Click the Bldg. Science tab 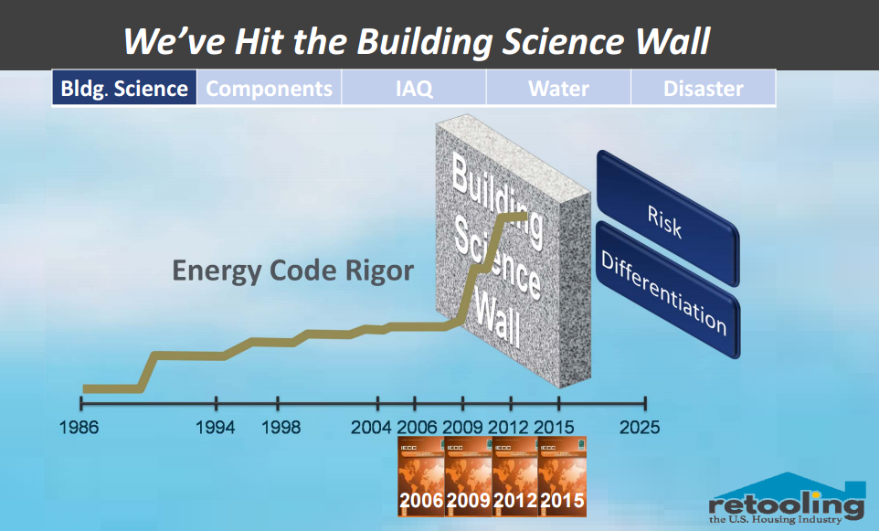pos(124,89)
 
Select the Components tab pos(269,89)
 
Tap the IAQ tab pos(414,89)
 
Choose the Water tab pos(558,89)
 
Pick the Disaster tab pos(703,89)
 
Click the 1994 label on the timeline pos(216,428)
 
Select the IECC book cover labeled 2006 pos(420,476)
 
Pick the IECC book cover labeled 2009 pos(468,476)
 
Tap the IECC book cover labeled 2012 pos(514,476)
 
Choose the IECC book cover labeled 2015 pos(562,476)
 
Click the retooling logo pos(787,503)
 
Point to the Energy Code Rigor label pos(292,271)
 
